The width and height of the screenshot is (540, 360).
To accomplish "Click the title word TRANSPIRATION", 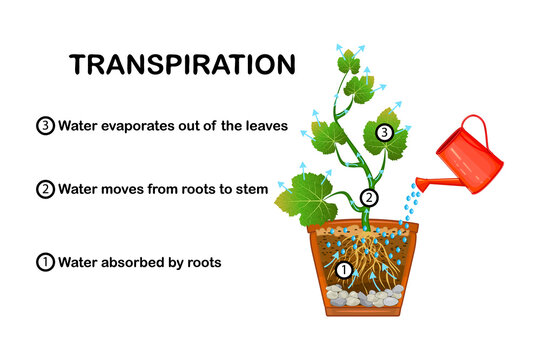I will (182, 65).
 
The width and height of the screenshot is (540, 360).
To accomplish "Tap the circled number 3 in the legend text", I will (44, 126).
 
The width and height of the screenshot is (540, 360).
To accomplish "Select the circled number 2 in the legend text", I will (44, 189).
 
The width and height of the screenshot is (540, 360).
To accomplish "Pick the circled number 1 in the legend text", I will (44, 264).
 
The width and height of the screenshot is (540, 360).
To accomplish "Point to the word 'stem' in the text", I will (250, 189).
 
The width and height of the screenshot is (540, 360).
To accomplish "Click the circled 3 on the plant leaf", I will (383, 132).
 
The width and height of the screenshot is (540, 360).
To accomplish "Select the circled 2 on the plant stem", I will (369, 198).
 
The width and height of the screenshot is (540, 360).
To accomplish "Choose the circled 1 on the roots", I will (343, 269).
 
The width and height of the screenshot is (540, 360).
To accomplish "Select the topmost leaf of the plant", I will (349, 64).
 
